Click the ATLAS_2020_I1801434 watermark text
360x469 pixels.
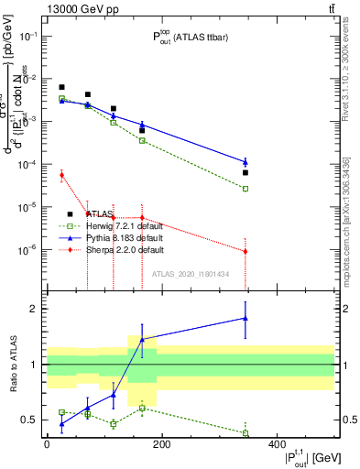(191, 274)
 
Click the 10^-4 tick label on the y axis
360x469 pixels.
(30, 164)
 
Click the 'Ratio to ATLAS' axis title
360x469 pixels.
(12, 364)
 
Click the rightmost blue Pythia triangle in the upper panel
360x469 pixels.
(245, 162)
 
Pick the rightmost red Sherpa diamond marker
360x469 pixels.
(245, 251)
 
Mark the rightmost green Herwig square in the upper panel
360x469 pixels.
(245, 189)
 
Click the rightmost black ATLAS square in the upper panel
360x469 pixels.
(245, 172)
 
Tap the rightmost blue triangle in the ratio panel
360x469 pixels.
(245, 318)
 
